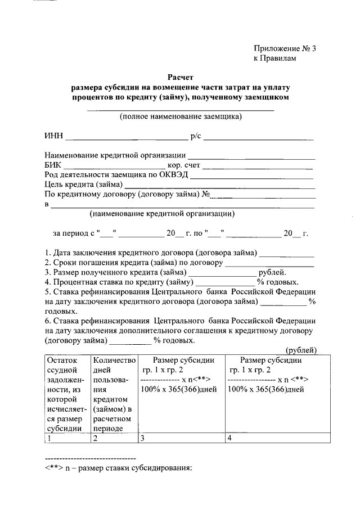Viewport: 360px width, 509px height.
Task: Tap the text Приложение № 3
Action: click(x=284, y=48)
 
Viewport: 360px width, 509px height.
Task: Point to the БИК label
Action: click(x=53, y=165)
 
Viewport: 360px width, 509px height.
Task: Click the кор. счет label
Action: click(x=183, y=165)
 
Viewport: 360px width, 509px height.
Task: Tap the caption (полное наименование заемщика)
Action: click(x=181, y=117)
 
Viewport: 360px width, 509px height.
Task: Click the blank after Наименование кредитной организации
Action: click(x=251, y=156)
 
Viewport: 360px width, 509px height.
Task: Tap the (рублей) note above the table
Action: click(x=301, y=350)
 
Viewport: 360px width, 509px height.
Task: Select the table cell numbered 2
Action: click(x=114, y=438)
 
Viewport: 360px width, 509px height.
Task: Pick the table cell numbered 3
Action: click(x=181, y=438)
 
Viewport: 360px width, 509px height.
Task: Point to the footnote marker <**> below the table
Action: click(x=53, y=467)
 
